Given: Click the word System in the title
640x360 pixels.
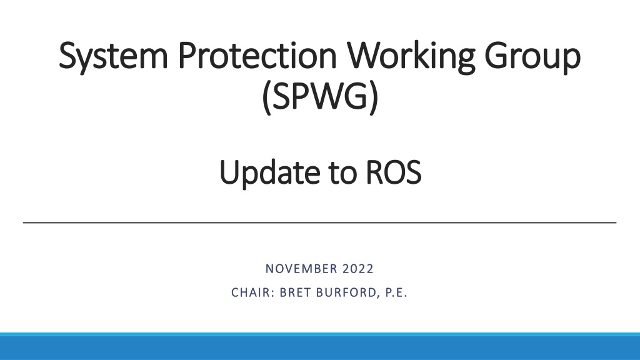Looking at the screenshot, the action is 114,56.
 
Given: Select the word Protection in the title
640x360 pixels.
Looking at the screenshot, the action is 257,55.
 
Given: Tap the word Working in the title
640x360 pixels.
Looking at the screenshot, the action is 411,56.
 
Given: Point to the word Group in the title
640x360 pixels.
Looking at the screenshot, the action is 532,56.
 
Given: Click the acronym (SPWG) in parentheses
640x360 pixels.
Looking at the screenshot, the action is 320,97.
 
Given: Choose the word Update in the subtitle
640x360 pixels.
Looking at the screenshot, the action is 270,173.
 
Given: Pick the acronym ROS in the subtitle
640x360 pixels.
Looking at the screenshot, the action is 394,172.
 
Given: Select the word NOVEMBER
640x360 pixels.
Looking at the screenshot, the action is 302,269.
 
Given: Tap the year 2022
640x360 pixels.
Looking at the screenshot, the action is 358,269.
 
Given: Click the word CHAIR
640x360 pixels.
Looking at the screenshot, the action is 250,292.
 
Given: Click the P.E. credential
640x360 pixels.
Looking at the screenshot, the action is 396,292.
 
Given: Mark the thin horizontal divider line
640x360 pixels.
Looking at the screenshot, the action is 319,223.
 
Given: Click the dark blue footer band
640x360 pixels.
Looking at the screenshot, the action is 320,348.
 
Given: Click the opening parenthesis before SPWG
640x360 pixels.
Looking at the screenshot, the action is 266,97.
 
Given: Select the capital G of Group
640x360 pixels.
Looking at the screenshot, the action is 496,55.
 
